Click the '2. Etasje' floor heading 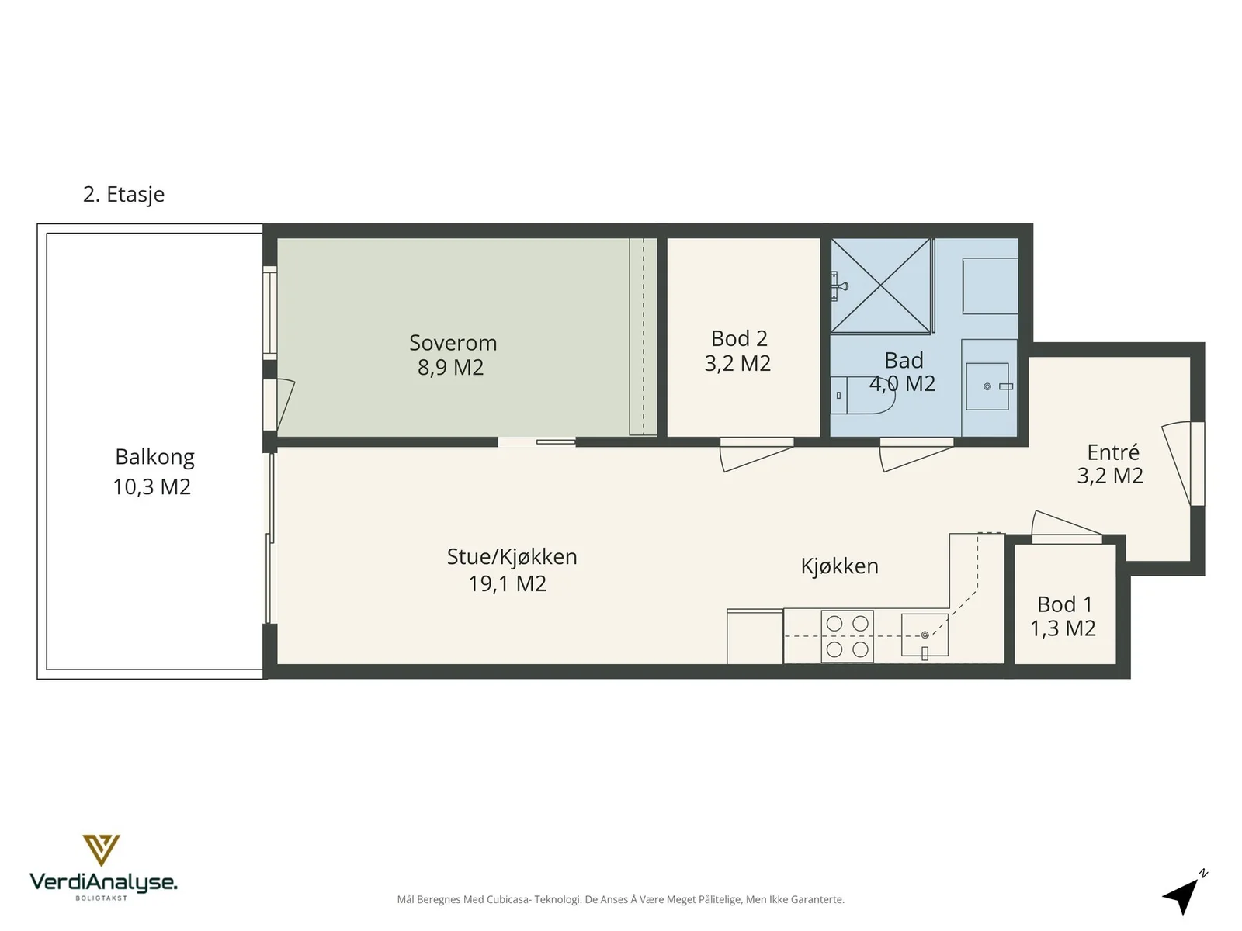tap(124, 195)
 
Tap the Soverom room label tap(453, 343)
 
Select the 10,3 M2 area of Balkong tap(151, 486)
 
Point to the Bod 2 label tap(739, 338)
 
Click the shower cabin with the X tap(880, 286)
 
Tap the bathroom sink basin tap(987, 386)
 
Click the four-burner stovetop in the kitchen tap(847, 636)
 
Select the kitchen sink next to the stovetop tap(925, 635)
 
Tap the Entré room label tap(1113, 452)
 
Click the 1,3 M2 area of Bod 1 tap(1063, 628)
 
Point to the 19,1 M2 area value tap(508, 583)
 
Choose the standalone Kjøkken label tap(839, 566)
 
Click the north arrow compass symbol tap(1185, 893)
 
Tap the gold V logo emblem tap(101, 850)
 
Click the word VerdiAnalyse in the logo tap(103, 882)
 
